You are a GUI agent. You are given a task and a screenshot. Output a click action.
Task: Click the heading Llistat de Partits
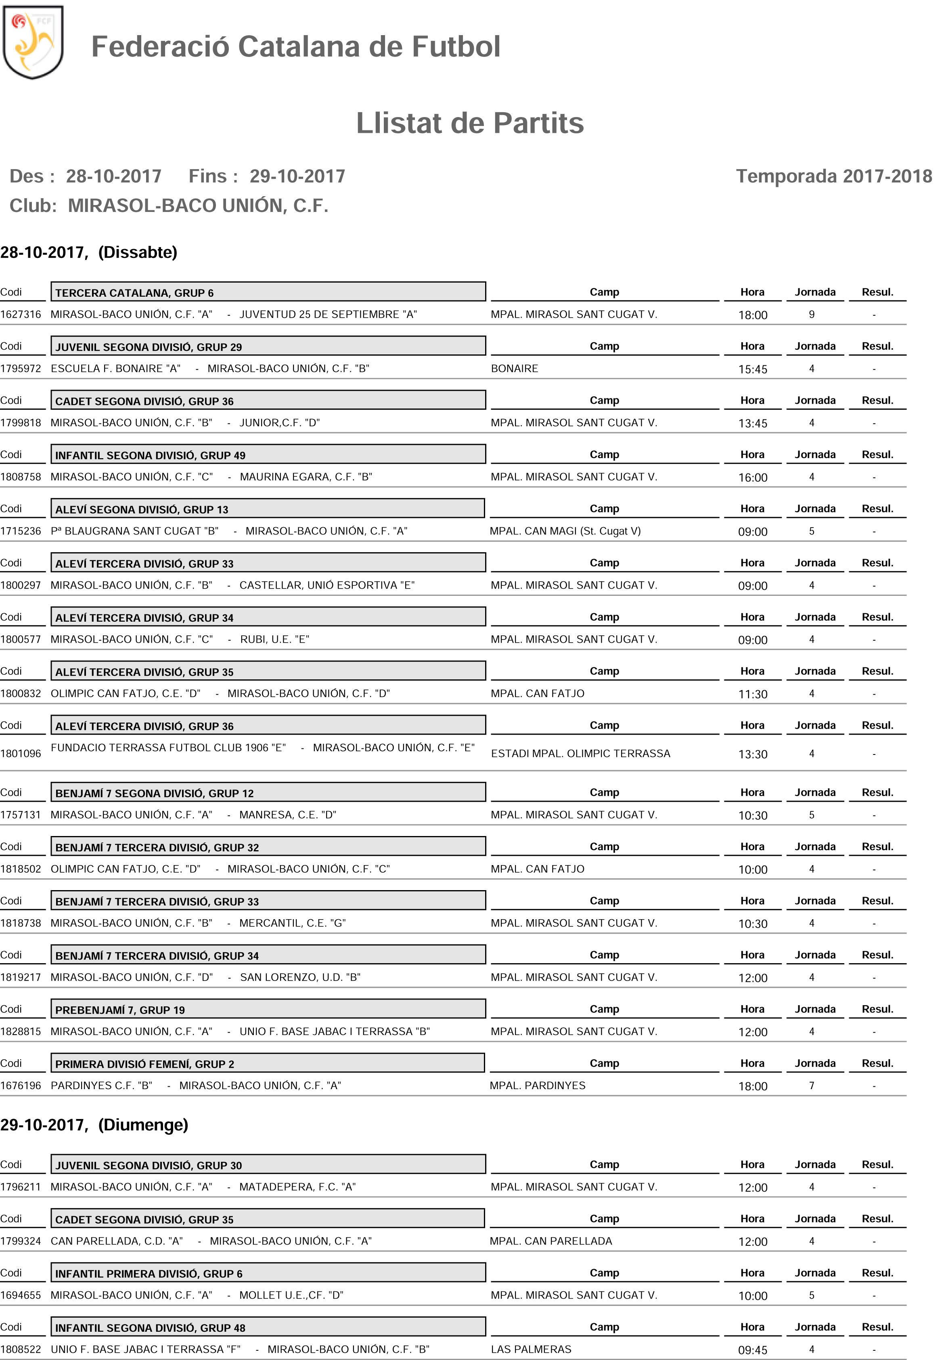point(470,124)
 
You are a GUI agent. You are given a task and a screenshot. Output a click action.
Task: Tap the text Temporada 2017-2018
point(833,176)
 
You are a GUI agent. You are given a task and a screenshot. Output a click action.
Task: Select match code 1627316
point(21,314)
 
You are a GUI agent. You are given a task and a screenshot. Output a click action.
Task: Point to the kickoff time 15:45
point(753,369)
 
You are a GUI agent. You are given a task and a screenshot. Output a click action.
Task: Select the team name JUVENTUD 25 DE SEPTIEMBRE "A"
point(328,314)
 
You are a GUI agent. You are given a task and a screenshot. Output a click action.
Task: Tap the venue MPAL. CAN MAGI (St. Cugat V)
point(565,531)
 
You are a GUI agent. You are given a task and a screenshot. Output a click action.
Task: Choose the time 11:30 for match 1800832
point(753,694)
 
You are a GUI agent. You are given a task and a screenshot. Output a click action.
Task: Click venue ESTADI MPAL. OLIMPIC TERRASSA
point(581,754)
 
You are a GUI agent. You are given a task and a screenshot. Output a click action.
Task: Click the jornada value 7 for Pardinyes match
point(812,1085)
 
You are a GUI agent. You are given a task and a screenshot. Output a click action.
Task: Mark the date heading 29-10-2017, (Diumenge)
point(94,1125)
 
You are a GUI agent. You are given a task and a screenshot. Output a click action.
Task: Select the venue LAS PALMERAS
point(531,1350)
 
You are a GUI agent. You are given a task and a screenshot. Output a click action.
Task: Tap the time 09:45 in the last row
point(753,1350)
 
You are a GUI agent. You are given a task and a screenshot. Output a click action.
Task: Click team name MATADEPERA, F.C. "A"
point(297,1187)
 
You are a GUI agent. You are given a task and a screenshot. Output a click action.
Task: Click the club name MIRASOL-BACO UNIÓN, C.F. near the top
point(198,205)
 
